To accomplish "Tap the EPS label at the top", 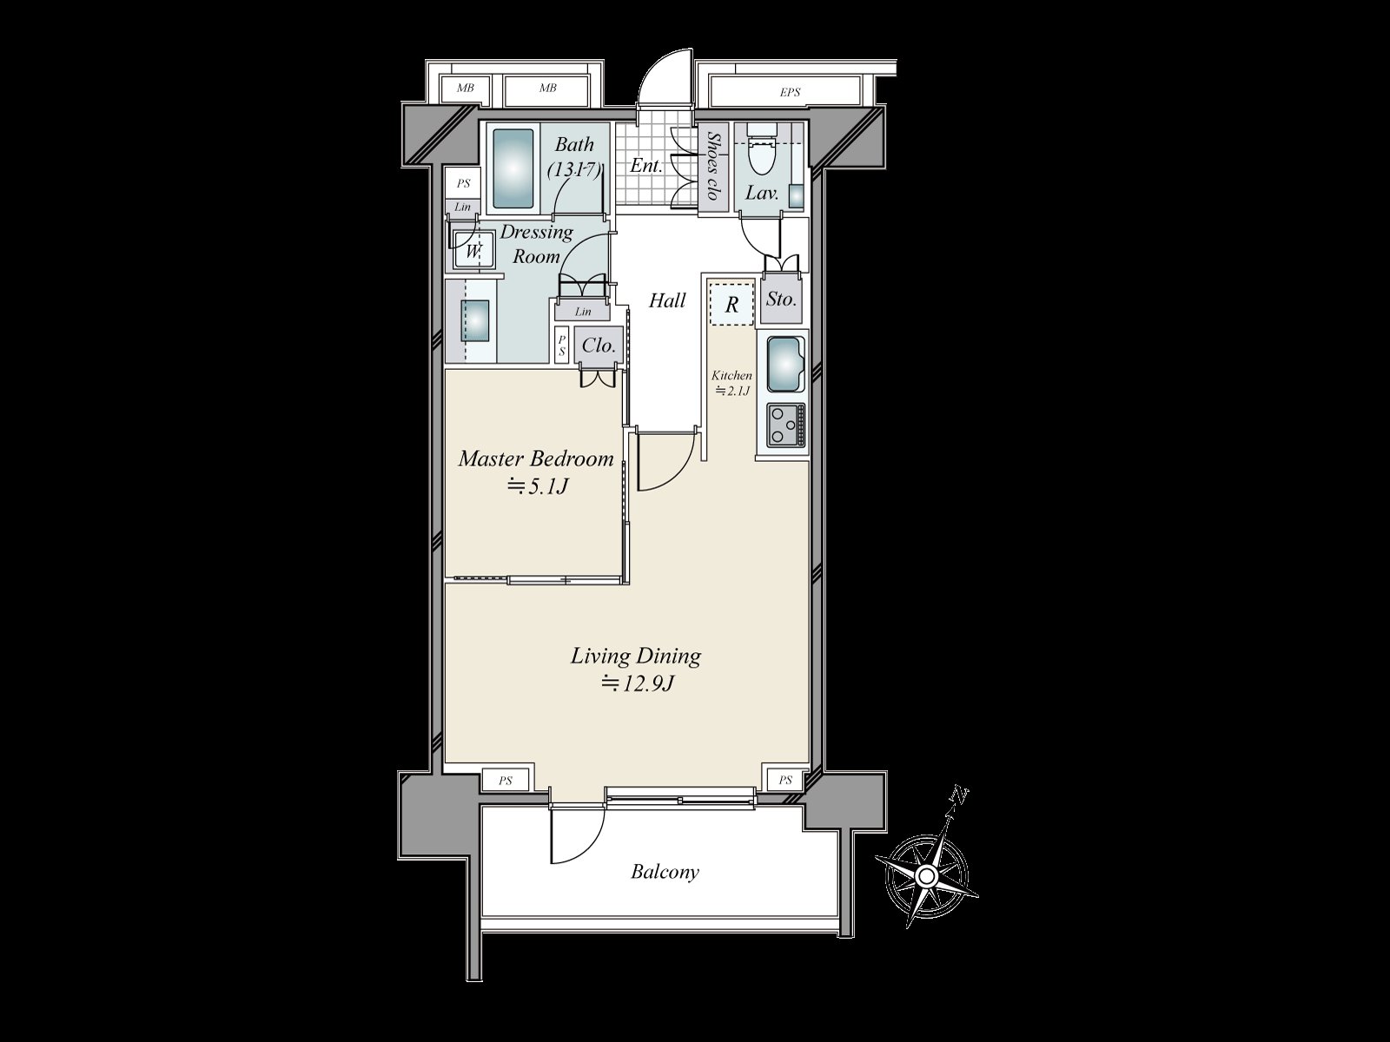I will point(789,92).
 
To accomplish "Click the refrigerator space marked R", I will point(731,305).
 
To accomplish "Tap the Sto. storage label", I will point(781,300).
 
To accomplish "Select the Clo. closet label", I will point(599,346).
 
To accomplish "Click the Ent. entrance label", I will point(647,165).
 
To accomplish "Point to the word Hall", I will point(667,301).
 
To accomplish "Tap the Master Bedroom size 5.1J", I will point(538,487).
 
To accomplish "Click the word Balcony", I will point(665,872).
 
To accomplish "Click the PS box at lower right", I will point(785,781).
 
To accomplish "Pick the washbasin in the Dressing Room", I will point(476,320).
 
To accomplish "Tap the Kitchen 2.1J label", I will point(731,382).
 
